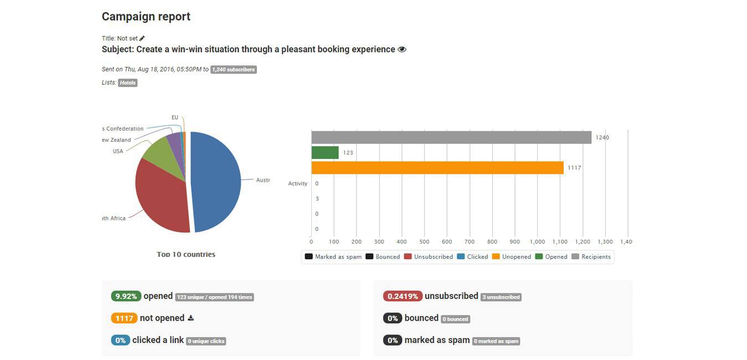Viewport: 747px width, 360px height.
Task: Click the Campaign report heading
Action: [x=146, y=17]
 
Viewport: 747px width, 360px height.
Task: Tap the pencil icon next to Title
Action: [x=142, y=38]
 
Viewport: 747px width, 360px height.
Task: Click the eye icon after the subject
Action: [x=402, y=49]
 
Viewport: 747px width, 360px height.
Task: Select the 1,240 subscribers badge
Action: [x=233, y=70]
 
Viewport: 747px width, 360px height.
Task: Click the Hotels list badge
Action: [x=127, y=83]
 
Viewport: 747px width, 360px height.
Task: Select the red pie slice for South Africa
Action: [x=161, y=197]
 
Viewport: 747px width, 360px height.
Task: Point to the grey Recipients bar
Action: [x=451, y=137]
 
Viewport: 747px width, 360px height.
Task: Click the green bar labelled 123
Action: [x=325, y=152]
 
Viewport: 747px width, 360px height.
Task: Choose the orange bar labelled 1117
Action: [x=437, y=168]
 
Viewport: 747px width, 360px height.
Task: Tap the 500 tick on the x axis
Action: [x=424, y=242]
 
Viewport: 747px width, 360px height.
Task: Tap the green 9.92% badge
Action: [x=126, y=296]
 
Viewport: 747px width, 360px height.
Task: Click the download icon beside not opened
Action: [x=191, y=318]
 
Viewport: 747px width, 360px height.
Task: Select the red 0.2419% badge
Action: [x=403, y=296]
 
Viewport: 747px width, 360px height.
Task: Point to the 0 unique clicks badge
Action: [x=206, y=341]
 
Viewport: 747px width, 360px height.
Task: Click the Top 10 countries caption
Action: [x=186, y=254]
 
